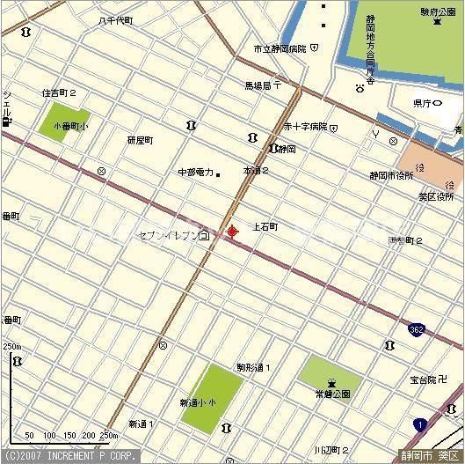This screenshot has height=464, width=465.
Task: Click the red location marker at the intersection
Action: pos(232,232)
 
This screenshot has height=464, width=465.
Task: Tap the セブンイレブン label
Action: pos(168,236)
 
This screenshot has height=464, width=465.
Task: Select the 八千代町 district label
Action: pos(116,19)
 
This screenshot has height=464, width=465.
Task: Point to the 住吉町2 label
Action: pos(59,92)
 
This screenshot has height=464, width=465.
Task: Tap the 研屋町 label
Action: pos(140,140)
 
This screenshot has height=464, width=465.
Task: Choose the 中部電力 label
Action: pos(195,173)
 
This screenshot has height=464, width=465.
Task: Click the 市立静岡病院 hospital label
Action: pos(280,48)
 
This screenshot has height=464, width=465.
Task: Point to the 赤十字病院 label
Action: pos(304,127)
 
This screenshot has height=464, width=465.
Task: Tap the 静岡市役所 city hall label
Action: pos(391,175)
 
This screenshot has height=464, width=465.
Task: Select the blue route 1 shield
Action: pos(421,425)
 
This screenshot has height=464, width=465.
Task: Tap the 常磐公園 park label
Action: pos(332,394)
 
